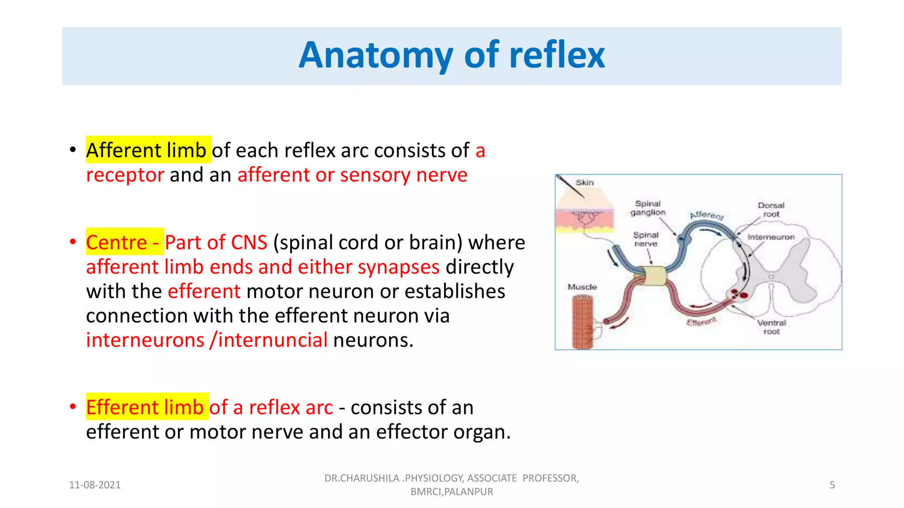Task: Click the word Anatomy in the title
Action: (x=376, y=56)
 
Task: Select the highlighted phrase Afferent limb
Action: (x=146, y=150)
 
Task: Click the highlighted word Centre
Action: (x=117, y=243)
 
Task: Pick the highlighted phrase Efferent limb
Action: (x=145, y=407)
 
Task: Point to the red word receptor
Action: (x=125, y=175)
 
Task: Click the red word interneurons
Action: (x=145, y=340)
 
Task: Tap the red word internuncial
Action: (x=273, y=340)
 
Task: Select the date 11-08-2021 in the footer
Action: (x=95, y=485)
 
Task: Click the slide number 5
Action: (x=832, y=485)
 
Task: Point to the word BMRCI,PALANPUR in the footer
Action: (x=452, y=492)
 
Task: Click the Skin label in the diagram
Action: (x=584, y=183)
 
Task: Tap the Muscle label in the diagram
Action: (x=582, y=287)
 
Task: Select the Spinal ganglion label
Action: (x=648, y=208)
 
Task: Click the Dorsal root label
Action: (x=771, y=210)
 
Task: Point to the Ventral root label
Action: (x=772, y=327)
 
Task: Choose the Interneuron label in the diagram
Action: (x=771, y=237)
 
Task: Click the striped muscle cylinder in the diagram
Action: (x=583, y=322)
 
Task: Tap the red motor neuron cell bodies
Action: (x=738, y=294)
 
